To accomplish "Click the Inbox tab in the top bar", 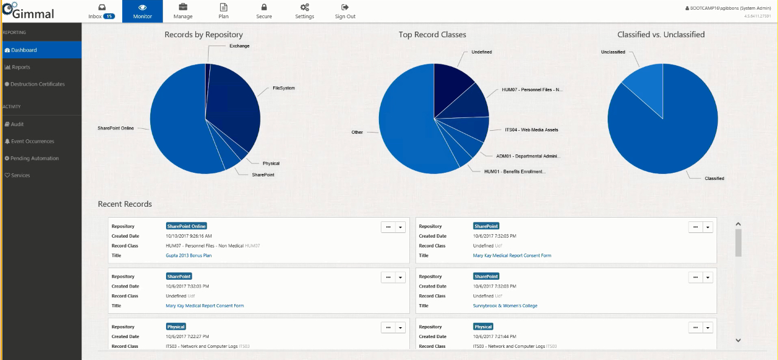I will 102,11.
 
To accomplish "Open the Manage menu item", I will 182,11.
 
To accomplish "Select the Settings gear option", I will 304,11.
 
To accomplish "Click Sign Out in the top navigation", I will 345,11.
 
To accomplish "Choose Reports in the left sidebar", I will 21,67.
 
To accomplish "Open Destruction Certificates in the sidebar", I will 37,84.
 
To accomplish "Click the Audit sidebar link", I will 17,124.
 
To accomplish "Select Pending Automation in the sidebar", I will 35,158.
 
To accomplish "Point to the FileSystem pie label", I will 283,88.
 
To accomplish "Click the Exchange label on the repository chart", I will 239,46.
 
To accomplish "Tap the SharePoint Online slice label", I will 116,128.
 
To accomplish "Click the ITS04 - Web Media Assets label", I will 531,130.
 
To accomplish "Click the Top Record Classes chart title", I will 432,35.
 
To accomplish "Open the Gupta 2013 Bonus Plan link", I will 189,255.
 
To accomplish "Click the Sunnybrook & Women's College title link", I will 505,306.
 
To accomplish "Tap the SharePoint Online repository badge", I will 186,226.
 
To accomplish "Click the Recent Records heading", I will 125,204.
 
